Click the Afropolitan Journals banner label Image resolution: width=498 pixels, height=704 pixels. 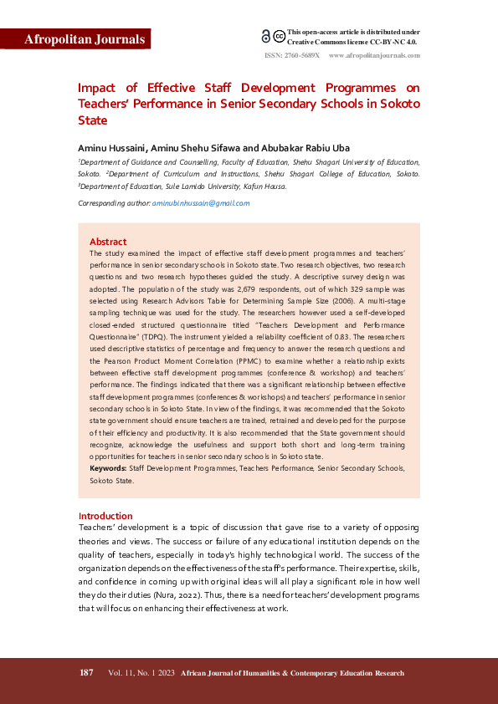coord(75,39)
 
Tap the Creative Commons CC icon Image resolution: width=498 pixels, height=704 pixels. coord(278,37)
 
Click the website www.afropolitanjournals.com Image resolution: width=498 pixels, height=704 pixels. coord(375,55)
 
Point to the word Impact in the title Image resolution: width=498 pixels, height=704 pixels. coord(96,87)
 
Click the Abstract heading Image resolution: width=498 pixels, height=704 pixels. coord(108,242)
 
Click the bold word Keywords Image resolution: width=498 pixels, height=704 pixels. coord(108,468)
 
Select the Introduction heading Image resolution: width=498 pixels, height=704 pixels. coord(105,516)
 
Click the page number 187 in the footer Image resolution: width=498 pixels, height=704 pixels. coord(86,673)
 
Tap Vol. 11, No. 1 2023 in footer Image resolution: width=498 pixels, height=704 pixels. coord(141,673)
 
